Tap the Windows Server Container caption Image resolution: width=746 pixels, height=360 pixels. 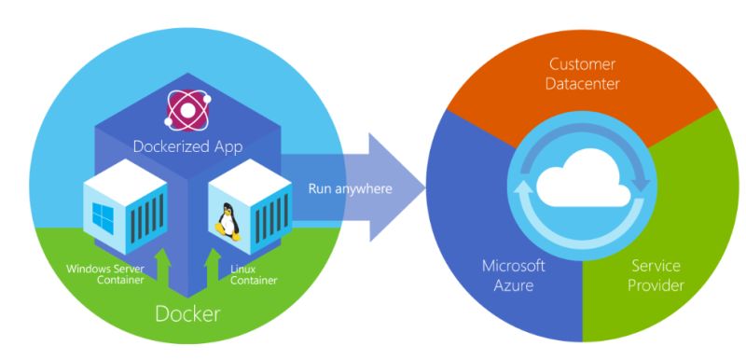[102, 276]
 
